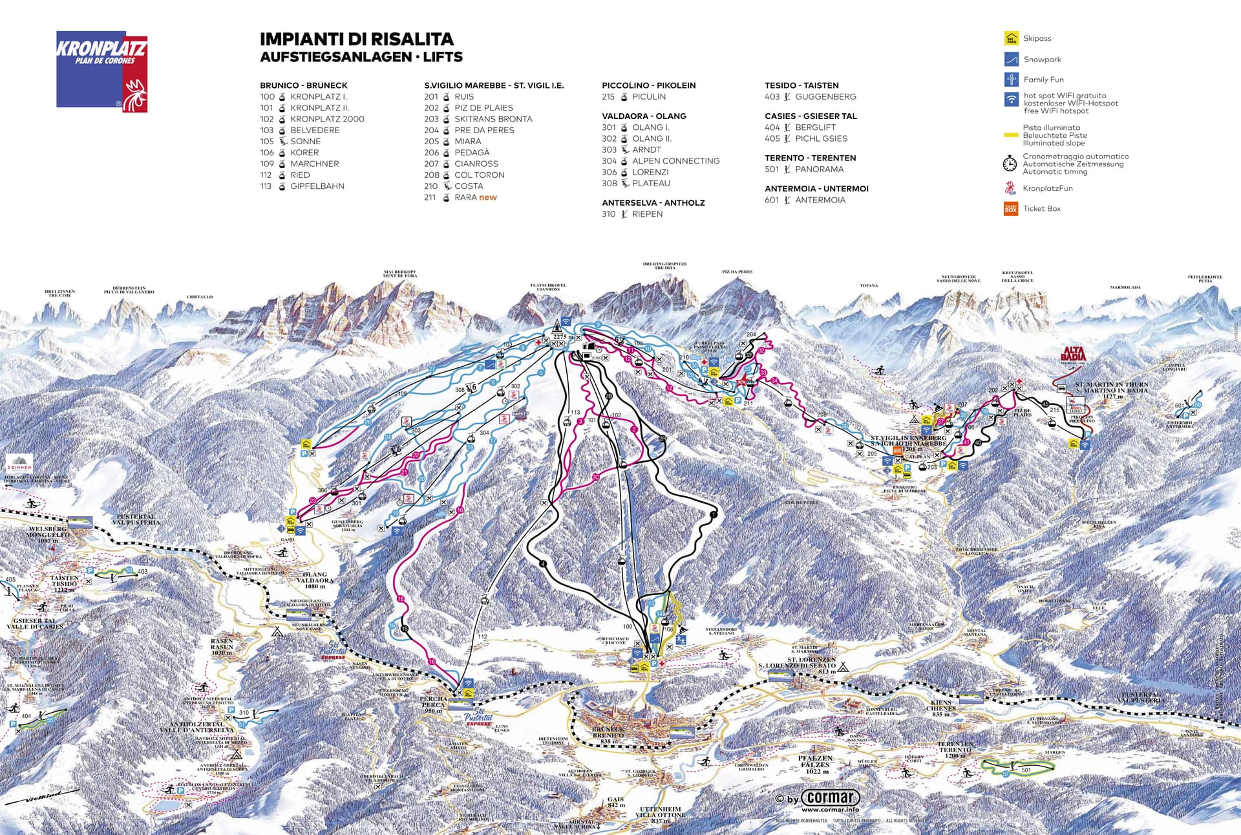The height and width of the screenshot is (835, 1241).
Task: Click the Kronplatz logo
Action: click(x=102, y=71)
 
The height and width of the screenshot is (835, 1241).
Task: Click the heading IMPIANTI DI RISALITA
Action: click(x=357, y=39)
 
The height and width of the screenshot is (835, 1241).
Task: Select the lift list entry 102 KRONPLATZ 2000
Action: click(x=312, y=119)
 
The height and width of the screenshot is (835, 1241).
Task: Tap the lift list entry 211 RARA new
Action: click(x=461, y=197)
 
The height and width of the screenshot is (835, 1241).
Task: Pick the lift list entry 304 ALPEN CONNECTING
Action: click(x=661, y=161)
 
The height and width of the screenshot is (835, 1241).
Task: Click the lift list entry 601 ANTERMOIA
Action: click(x=805, y=200)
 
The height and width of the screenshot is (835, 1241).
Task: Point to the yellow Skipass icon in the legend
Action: click(x=1011, y=39)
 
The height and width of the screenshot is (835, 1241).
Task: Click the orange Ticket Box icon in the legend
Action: click(x=1011, y=208)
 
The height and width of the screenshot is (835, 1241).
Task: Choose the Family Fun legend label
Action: click(x=1043, y=80)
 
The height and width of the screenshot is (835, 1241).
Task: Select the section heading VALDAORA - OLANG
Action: click(x=644, y=116)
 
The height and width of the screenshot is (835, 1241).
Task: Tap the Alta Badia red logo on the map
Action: click(x=1073, y=354)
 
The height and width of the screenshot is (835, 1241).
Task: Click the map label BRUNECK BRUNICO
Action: click(x=608, y=732)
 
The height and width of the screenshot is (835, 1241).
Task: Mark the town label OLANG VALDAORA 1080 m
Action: click(x=315, y=580)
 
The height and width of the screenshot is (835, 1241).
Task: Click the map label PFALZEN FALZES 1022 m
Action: click(x=816, y=764)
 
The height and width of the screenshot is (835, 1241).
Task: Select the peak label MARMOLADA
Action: click(x=1125, y=287)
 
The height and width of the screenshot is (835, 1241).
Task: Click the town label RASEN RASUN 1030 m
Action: click(x=222, y=647)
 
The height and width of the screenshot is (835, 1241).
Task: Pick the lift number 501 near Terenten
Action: click(x=1026, y=770)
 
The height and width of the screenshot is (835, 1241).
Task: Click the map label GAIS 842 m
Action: click(x=616, y=802)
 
